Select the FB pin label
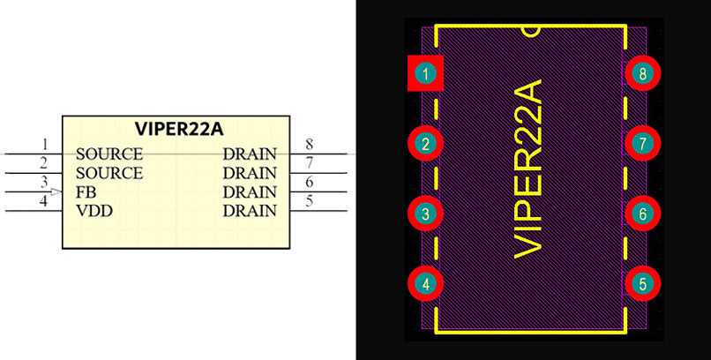click(86, 191)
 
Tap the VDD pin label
click(93, 211)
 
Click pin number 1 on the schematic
click(45, 145)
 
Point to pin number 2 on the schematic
click(45, 163)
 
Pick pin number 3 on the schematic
click(45, 183)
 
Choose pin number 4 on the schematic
click(45, 202)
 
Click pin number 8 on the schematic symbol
click(309, 145)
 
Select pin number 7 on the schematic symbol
click(309, 163)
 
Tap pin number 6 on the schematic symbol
click(309, 183)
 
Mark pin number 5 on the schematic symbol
click(309, 202)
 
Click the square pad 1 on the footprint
click(426, 74)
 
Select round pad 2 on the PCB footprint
click(426, 143)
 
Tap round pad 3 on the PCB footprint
click(426, 214)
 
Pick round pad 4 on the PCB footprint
click(426, 284)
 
